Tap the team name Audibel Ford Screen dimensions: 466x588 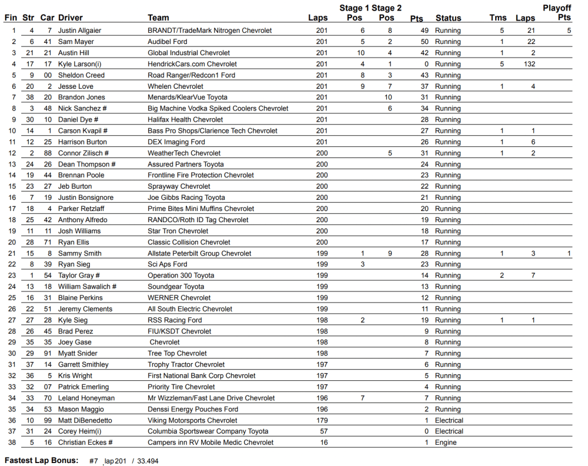(x=171, y=42)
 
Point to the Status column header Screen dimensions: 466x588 (x=448, y=18)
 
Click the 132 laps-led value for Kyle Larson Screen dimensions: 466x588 (x=529, y=64)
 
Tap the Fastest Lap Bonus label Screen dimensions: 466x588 (x=41, y=461)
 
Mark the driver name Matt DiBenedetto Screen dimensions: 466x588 (x=85, y=420)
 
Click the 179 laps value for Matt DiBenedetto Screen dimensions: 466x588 (x=322, y=420)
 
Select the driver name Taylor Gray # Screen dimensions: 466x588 (x=79, y=276)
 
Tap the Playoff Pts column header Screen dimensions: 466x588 (x=557, y=12)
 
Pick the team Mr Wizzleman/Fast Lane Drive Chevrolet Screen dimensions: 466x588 (x=211, y=398)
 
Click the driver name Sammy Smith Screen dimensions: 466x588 (x=79, y=253)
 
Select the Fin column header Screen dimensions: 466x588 (x=11, y=18)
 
